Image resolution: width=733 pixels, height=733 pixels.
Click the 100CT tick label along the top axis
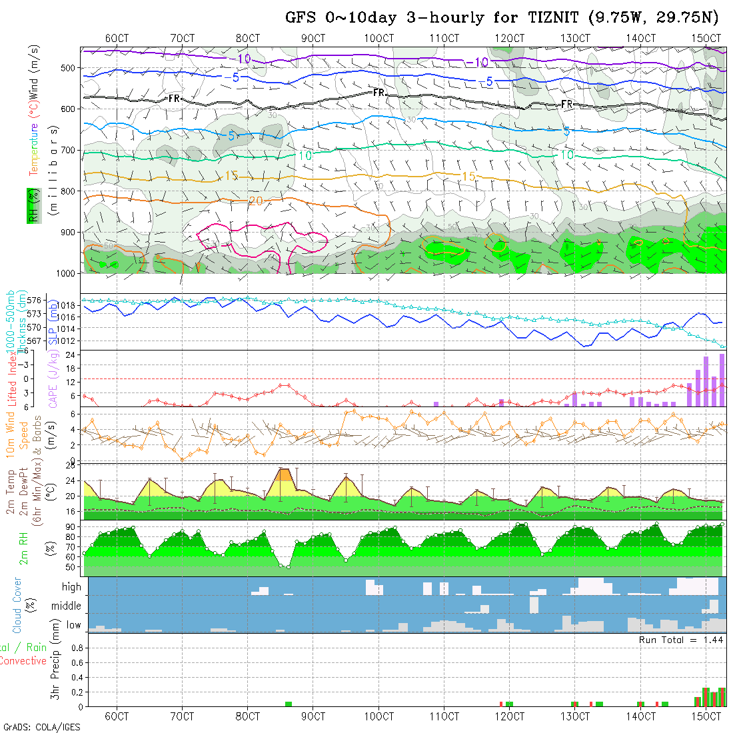[x=378, y=38]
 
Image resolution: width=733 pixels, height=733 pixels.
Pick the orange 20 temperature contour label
[x=255, y=201]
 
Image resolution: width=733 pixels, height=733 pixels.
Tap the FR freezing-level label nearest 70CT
[x=174, y=99]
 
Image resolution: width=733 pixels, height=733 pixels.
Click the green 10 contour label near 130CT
[x=566, y=155]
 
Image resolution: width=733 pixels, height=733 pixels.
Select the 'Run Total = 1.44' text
[x=681, y=640]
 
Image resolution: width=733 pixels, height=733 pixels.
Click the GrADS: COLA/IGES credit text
[x=41, y=727]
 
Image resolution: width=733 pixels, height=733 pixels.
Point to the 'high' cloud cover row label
[x=71, y=587]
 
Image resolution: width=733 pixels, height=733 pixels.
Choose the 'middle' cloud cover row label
[x=67, y=606]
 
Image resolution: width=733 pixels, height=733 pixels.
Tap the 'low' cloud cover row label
[x=73, y=625]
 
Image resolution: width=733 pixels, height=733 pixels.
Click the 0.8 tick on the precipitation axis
[x=76, y=647]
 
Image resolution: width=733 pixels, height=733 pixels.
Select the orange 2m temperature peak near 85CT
[x=285, y=474]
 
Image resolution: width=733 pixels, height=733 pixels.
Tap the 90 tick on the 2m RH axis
[x=70, y=526]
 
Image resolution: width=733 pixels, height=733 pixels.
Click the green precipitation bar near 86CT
[x=289, y=704]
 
